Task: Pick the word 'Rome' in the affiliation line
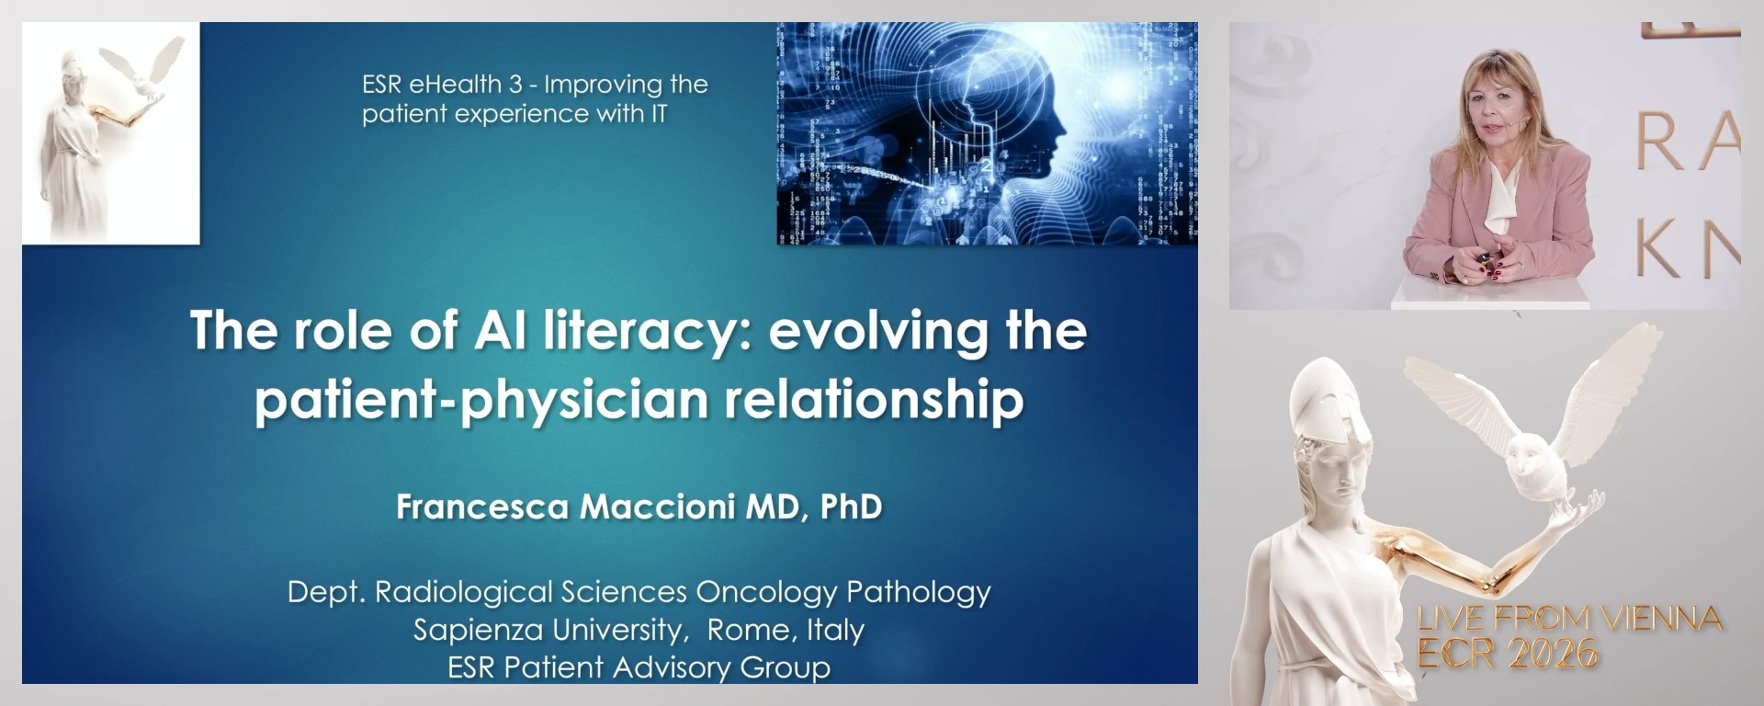pyautogui.click(x=748, y=630)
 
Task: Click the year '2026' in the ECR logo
pyautogui.click(x=1553, y=654)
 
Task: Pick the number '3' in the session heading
pyautogui.click(x=515, y=85)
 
